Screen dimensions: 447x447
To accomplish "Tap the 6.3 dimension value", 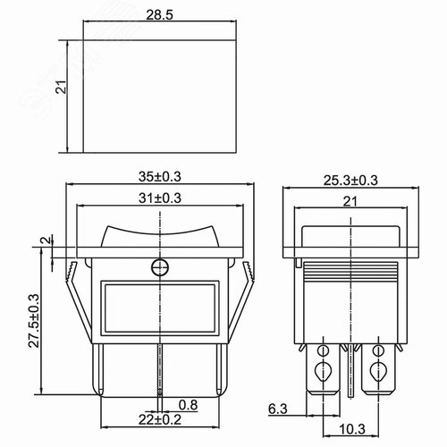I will click(277, 410).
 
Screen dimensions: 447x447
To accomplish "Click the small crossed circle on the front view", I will click(160, 266).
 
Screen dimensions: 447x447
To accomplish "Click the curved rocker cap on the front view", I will click(160, 234).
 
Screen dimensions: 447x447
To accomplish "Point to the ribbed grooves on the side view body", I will click(350, 271).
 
